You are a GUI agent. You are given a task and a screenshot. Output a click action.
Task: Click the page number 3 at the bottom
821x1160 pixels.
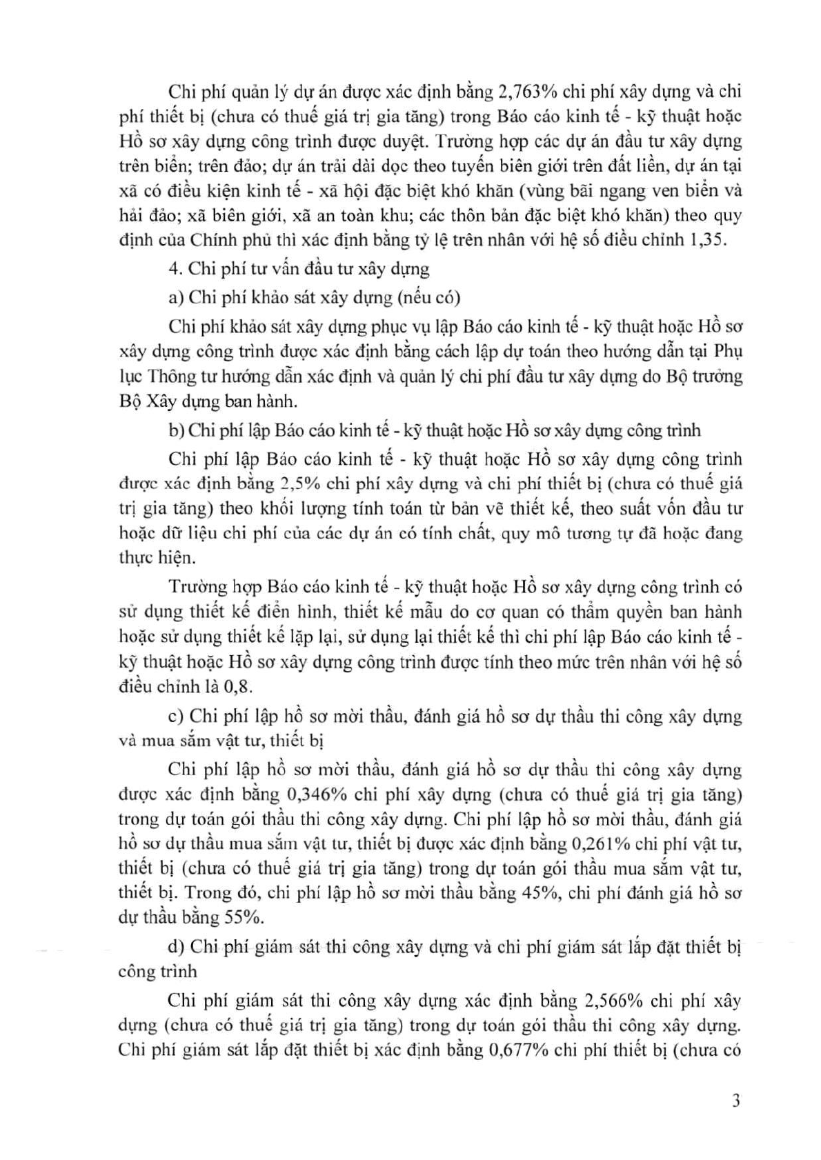click(736, 1100)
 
